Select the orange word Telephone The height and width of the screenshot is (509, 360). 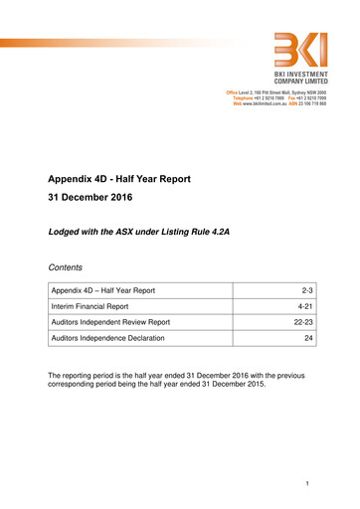[x=245, y=98]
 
